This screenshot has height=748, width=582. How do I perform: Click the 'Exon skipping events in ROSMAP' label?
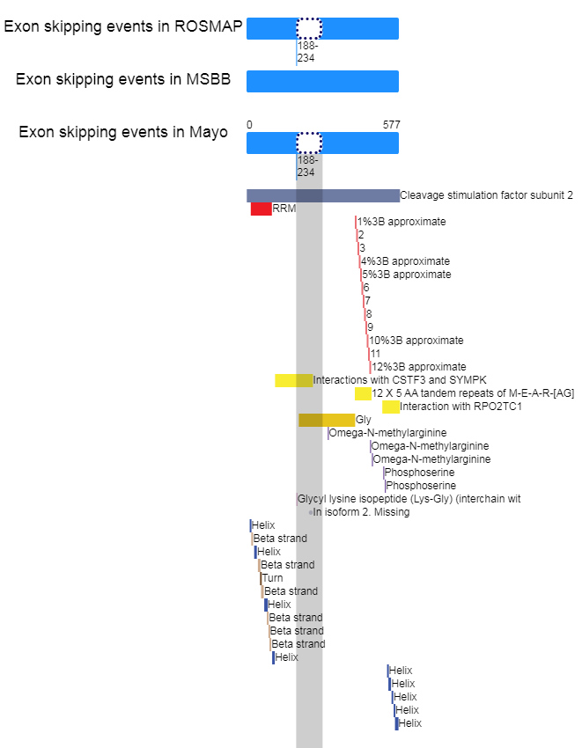coord(123,26)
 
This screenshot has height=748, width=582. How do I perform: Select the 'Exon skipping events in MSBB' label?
coord(123,79)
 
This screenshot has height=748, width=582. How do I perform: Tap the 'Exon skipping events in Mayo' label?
coord(123,132)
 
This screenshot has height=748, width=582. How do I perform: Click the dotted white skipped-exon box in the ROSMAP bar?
coord(309,29)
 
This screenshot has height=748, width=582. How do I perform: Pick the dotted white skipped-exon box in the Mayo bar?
coord(309,143)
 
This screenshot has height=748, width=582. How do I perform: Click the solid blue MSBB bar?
coord(322,81)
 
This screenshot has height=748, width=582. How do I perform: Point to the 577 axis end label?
coord(392,125)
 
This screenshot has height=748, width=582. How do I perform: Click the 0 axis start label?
coord(249,125)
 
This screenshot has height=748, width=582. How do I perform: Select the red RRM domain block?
coord(262,209)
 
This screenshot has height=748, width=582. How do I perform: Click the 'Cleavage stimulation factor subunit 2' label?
coord(486,195)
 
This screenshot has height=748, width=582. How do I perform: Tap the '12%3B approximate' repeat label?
coord(419,367)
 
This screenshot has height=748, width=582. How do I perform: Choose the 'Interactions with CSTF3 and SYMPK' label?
coord(400,380)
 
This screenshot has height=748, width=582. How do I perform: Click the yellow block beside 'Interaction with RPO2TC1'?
coord(391,407)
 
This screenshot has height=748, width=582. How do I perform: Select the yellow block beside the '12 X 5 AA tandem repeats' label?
coord(363,393)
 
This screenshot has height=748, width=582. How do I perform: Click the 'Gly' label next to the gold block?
coord(364,420)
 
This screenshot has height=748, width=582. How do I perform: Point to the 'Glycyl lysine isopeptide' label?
coord(409,499)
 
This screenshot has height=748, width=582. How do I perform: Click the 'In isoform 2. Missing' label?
coord(361,512)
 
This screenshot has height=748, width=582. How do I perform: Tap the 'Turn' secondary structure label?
coord(273,578)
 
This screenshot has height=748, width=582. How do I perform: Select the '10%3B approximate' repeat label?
coord(416,341)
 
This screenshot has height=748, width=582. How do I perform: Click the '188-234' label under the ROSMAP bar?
coord(307,52)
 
